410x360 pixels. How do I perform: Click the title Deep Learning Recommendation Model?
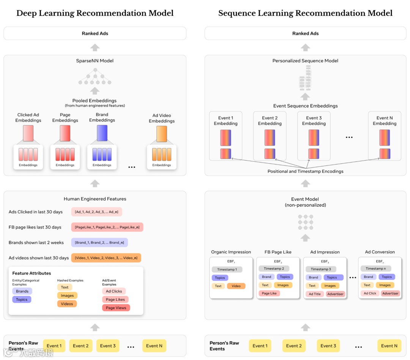tap(95, 13)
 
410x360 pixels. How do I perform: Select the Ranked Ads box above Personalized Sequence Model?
tap(305, 33)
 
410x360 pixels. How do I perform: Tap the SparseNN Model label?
tap(95, 61)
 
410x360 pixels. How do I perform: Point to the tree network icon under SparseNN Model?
tap(95, 77)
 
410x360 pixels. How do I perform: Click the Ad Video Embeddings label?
tap(162, 118)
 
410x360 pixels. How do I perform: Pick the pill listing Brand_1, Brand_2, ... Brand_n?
tap(99, 243)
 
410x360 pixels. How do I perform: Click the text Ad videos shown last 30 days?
tap(39, 258)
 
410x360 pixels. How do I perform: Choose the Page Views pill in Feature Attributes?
tap(116, 308)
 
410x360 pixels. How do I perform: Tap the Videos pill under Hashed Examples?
tap(67, 304)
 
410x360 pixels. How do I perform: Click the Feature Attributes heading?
tap(32, 273)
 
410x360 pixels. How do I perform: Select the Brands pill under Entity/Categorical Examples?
tap(22, 291)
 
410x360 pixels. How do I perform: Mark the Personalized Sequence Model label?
tap(305, 61)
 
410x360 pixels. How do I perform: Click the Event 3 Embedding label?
tap(314, 121)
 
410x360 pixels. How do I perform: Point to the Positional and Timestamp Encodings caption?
tap(305, 171)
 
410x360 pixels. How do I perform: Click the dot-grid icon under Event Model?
tap(305, 222)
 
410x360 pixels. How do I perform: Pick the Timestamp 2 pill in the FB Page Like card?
tap(274, 268)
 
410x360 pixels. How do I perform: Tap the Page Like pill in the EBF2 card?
tap(269, 294)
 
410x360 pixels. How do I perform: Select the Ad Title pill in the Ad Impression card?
tap(315, 294)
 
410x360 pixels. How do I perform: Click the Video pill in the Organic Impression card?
tap(236, 286)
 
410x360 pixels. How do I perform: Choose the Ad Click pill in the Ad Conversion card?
tap(370, 293)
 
